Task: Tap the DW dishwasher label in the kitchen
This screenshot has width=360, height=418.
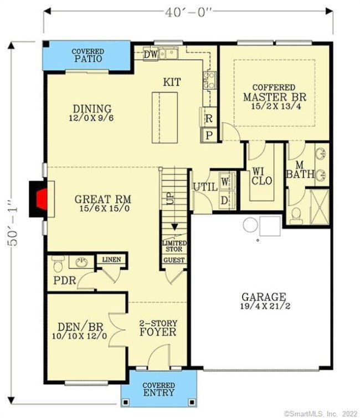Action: point(150,54)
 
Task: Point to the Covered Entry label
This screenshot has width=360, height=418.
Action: point(159,389)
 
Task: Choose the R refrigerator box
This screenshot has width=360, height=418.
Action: point(209,118)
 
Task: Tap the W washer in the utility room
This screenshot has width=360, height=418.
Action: point(225,181)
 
